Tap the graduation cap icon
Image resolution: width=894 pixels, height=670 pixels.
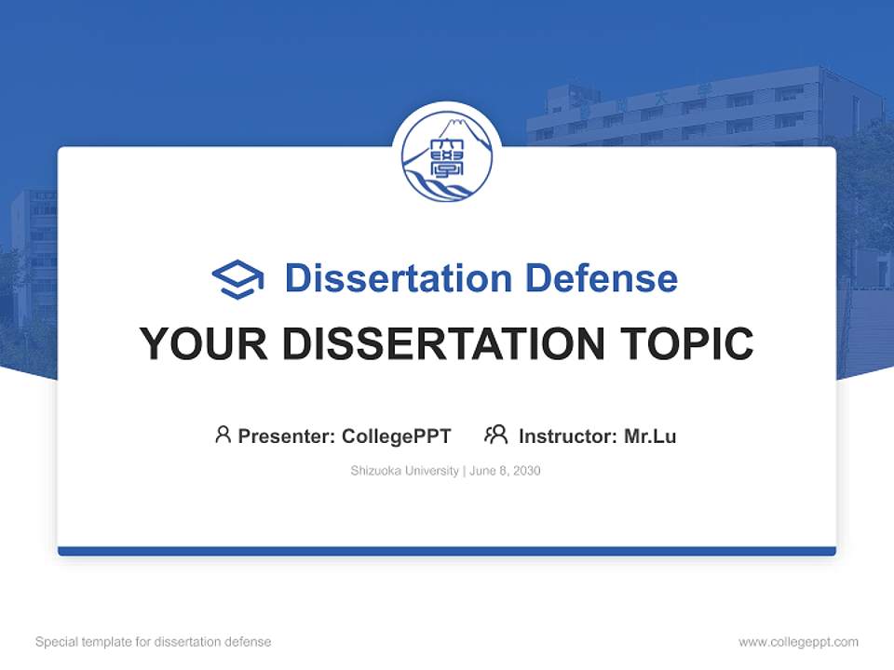tap(237, 279)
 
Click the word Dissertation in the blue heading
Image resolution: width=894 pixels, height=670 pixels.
tap(398, 278)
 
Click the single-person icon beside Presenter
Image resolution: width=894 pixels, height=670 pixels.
tap(223, 435)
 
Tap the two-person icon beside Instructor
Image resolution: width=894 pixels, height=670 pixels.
tap(496, 435)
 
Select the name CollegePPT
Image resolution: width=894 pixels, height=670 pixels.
tap(397, 435)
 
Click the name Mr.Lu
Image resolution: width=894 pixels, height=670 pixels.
tap(650, 435)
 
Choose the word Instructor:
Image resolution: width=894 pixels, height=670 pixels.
tap(567, 435)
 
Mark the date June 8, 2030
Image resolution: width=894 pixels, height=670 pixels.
tap(505, 471)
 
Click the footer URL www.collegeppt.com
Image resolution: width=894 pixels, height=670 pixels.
tap(798, 642)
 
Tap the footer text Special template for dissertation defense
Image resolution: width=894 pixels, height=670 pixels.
tap(154, 642)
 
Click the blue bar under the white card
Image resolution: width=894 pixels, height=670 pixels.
tap(447, 551)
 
